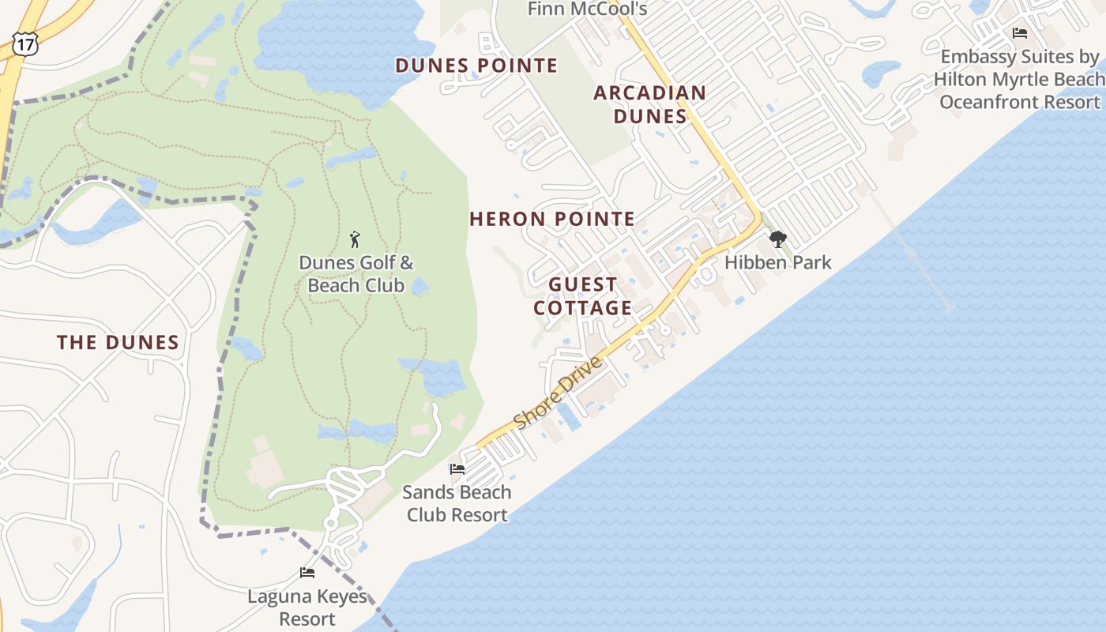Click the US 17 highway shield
[24, 44]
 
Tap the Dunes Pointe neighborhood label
[476, 66]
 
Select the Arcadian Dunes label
[649, 104]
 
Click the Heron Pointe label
[552, 219]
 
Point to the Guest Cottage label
[583, 295]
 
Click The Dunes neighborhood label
[118, 342]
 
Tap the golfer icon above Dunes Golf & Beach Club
[355, 239]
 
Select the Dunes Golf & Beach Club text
[355, 273]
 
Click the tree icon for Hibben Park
[778, 239]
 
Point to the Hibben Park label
[778, 262]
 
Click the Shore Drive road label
[558, 393]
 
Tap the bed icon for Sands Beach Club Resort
[457, 468]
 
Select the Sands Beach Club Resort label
[457, 503]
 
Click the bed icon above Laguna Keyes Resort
[307, 572]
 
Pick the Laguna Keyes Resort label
[307, 607]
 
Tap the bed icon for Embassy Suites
[1019, 33]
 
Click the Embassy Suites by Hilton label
[1019, 79]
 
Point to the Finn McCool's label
[587, 9]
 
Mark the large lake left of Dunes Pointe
[340, 47]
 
